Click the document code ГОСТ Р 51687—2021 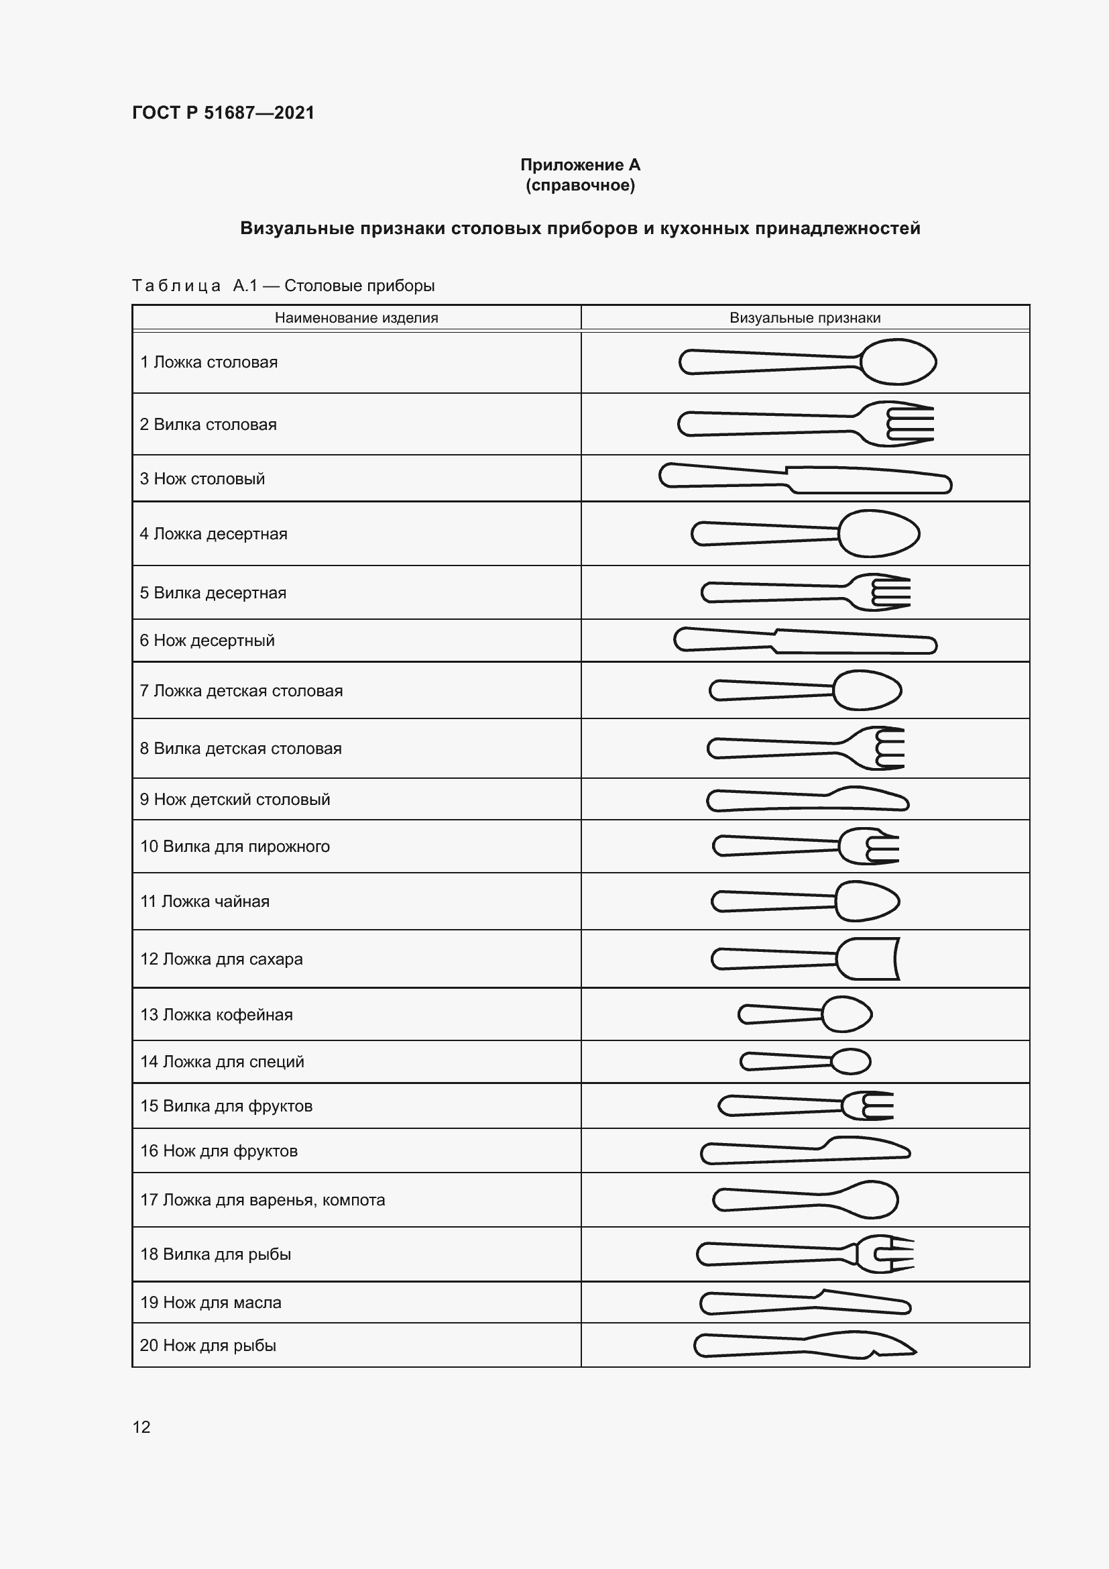(223, 113)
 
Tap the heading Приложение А (580, 165)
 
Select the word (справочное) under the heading (580, 185)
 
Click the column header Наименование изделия (356, 318)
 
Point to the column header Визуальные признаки (805, 318)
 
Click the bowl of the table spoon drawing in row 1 (897, 362)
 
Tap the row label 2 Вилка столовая (209, 425)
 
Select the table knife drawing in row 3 (805, 479)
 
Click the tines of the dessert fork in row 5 (890, 592)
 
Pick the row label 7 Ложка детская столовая (241, 691)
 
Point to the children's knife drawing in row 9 (807, 800)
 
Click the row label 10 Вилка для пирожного (235, 847)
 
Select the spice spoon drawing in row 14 (805, 1061)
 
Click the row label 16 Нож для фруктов (219, 1151)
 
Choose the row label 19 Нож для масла (211, 1303)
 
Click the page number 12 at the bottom (141, 1427)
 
